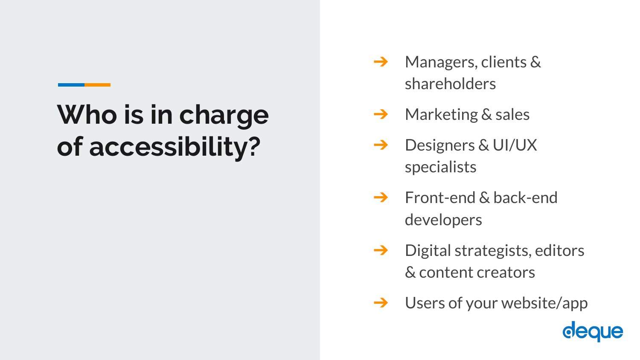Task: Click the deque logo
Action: pos(593,331)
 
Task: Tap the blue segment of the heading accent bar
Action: pos(71,85)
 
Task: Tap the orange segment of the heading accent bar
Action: pos(97,85)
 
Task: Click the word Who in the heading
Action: pos(87,115)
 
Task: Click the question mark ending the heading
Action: pos(254,146)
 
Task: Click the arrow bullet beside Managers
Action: pos(381,62)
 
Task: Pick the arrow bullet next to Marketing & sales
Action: pos(381,114)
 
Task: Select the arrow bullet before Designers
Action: pos(381,145)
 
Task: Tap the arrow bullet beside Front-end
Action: pos(381,197)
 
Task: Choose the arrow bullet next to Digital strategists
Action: pos(381,250)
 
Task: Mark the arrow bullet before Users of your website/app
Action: pos(381,302)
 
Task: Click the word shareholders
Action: pos(450,84)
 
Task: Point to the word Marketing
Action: pos(442,115)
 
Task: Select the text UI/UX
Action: pos(515,145)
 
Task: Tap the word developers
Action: pos(443,221)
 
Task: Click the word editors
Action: pos(559,250)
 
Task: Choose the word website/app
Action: pos(544,303)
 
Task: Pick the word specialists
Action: pos(441,168)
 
